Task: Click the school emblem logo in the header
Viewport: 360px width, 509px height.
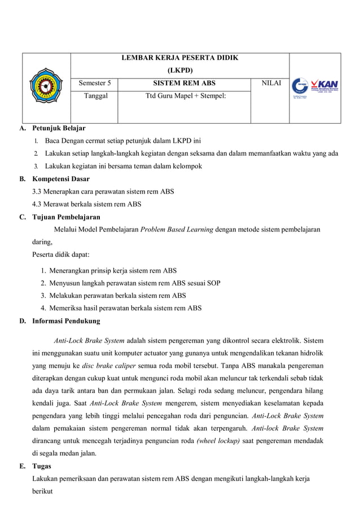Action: [x=46, y=87]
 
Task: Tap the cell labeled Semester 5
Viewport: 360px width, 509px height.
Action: [x=95, y=83]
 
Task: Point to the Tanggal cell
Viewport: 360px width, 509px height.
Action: [x=95, y=96]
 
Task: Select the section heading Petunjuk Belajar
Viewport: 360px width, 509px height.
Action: [x=59, y=129]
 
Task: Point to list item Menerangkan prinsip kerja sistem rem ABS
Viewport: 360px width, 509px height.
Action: [x=113, y=270]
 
